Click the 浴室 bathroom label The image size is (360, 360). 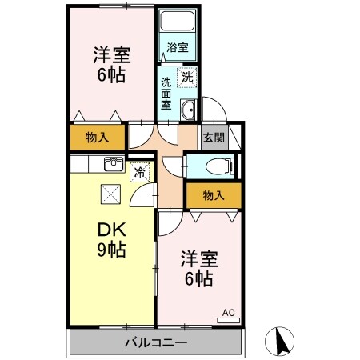(178, 47)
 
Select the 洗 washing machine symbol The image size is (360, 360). (186, 78)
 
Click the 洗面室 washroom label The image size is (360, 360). (166, 93)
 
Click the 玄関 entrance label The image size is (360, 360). (213, 138)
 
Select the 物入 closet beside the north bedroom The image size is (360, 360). (97, 138)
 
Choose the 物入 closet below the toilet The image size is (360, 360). (212, 194)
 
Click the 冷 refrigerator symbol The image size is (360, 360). (139, 171)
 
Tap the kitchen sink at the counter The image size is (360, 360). (112, 166)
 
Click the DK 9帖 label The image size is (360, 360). (111, 239)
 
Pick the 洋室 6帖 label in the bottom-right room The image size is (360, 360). (196, 269)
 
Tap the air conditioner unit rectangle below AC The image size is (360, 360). (227, 319)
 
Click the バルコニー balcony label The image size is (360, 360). (155, 342)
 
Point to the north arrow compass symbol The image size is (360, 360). (281, 342)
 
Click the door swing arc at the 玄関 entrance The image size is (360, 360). (212, 110)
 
